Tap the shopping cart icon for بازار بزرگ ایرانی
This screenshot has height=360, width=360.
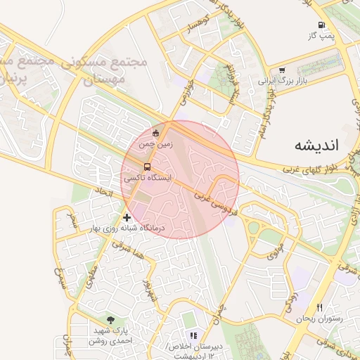(282, 70)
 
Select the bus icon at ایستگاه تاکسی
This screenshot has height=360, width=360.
(147, 167)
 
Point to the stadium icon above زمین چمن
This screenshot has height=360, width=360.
(155, 133)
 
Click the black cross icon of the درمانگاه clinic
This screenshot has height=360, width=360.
(127, 217)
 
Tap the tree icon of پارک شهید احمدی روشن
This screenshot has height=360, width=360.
(109, 319)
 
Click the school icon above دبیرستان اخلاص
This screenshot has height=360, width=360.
(193, 335)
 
